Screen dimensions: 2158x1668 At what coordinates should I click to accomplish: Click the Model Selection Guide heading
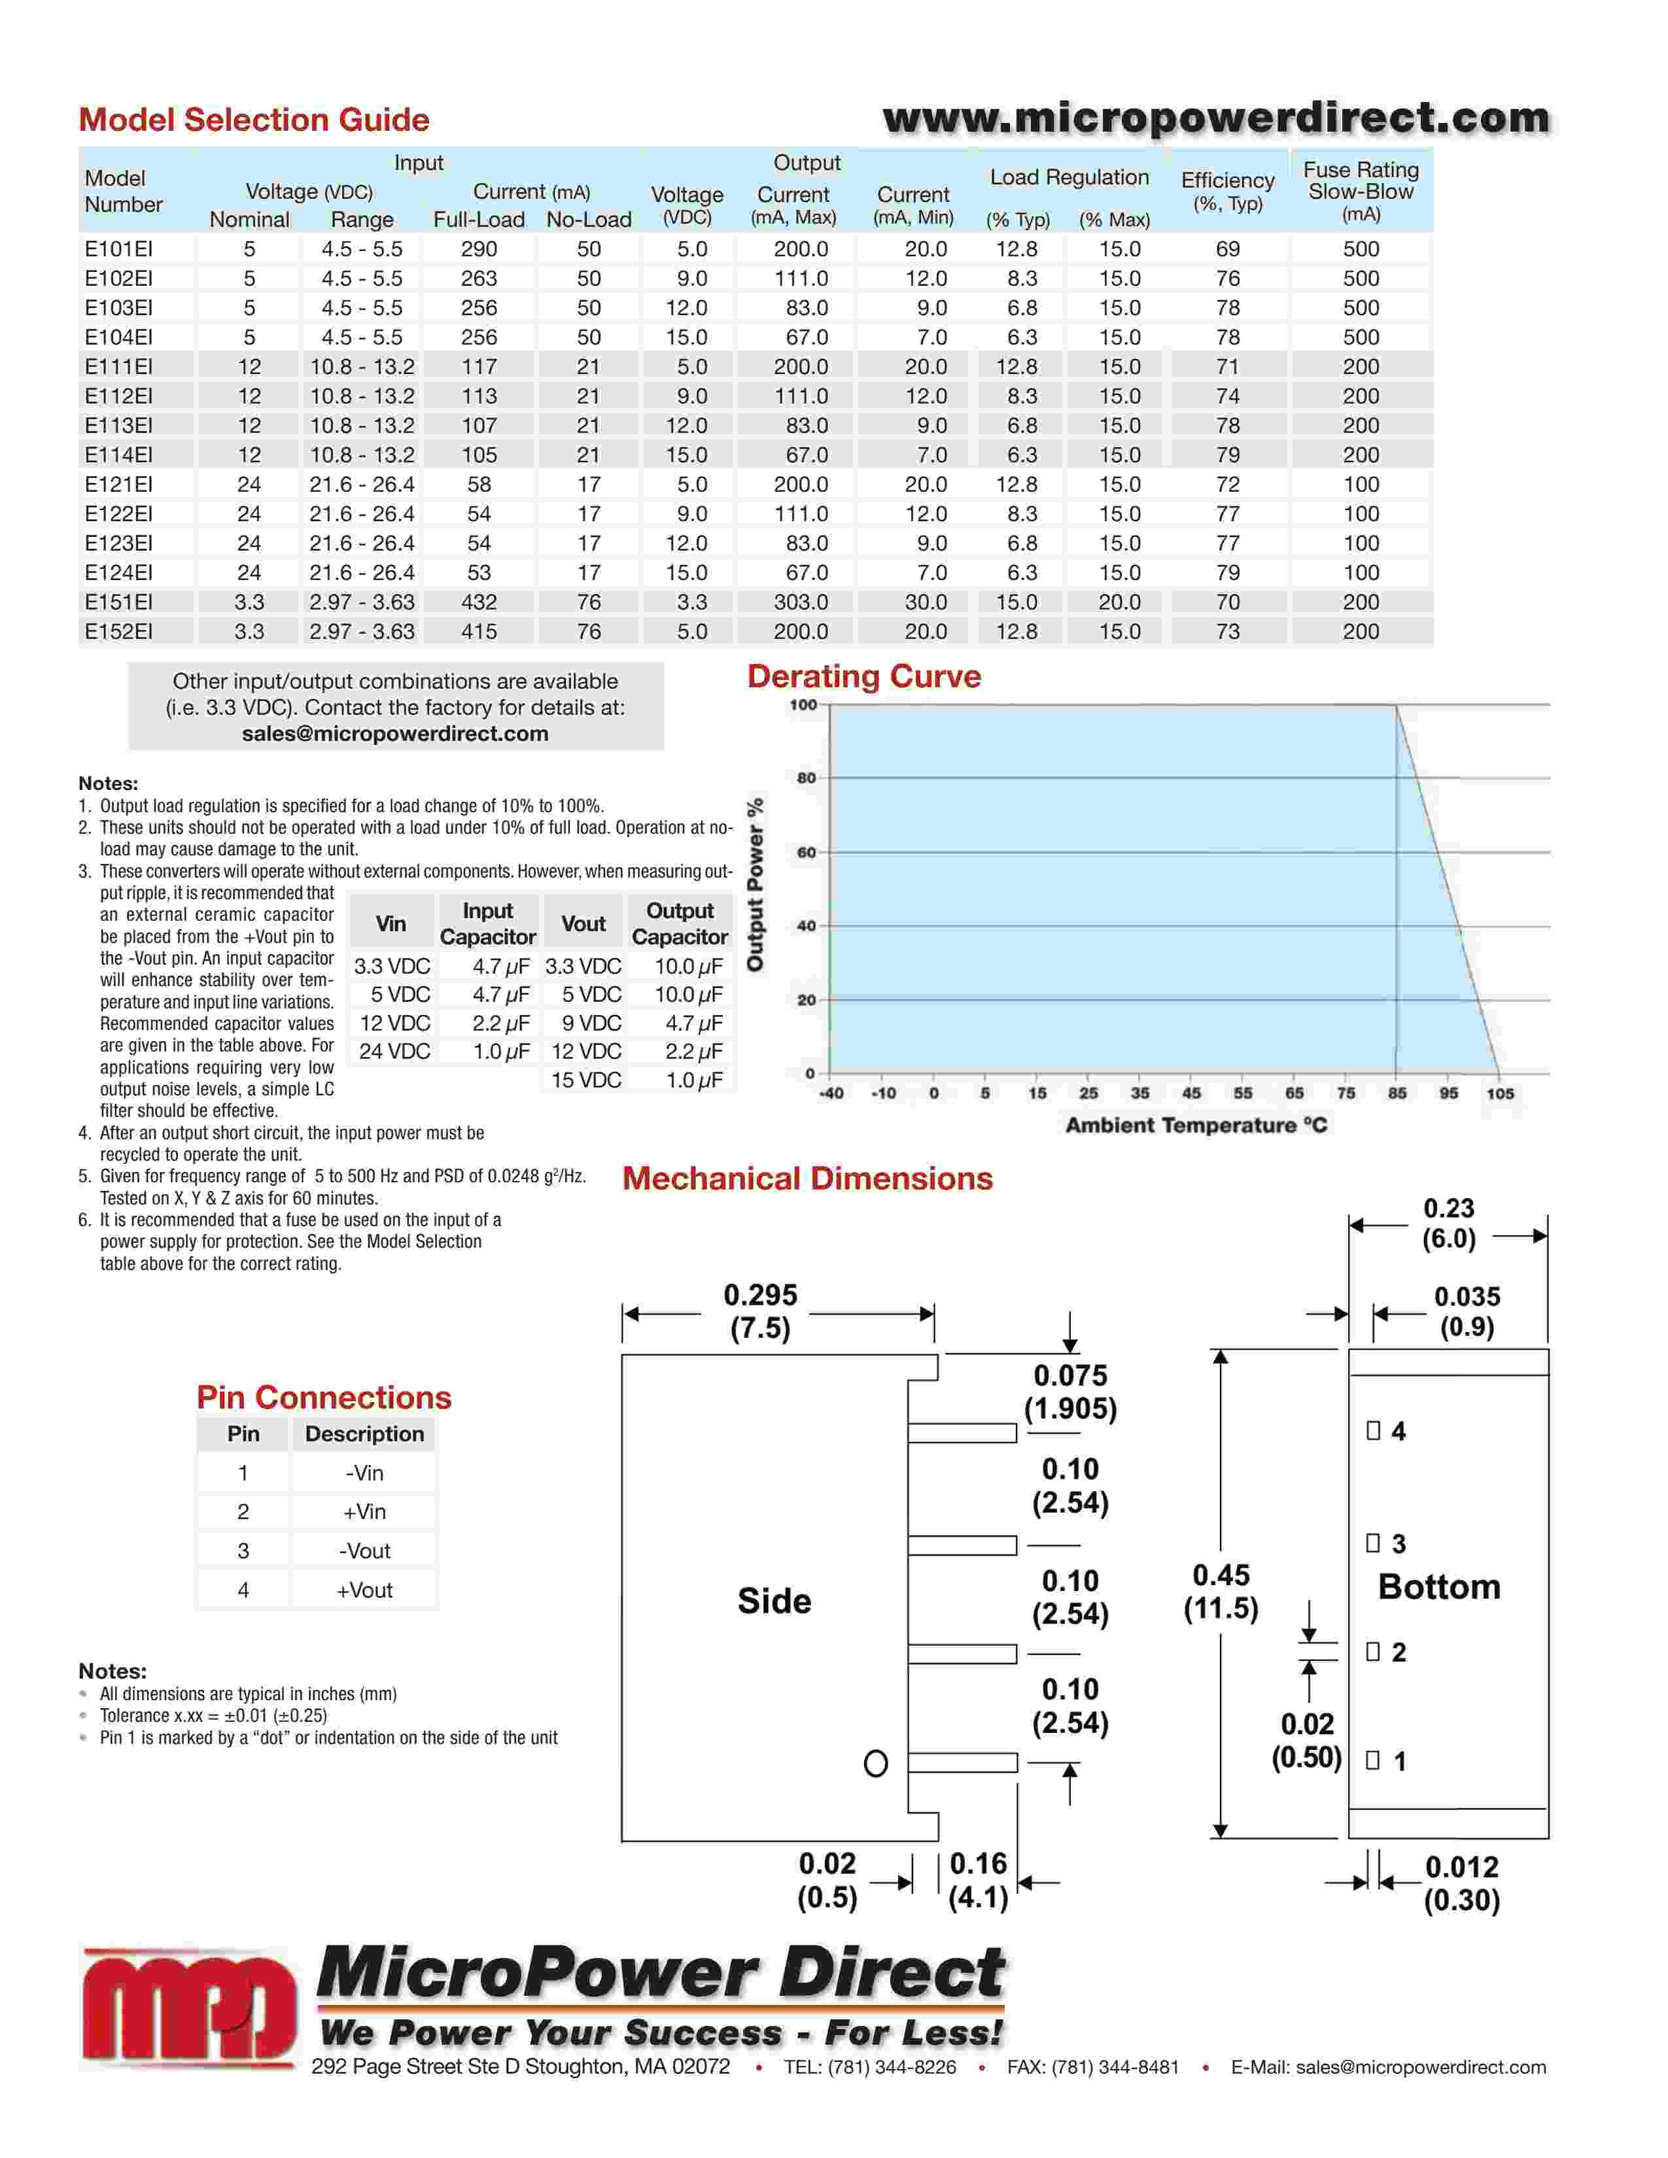(254, 120)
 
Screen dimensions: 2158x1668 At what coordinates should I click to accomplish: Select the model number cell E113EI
(118, 426)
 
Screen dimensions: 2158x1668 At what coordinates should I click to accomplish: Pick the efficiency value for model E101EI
(1227, 249)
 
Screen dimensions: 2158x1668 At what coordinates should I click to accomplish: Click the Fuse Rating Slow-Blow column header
(1361, 191)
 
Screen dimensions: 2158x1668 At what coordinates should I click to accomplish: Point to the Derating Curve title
(863, 677)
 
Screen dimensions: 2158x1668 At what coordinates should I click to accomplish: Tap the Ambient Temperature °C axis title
(1196, 1125)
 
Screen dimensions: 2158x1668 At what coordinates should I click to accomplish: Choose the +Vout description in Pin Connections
(364, 1590)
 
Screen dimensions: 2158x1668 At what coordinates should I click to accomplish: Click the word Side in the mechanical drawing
(774, 1601)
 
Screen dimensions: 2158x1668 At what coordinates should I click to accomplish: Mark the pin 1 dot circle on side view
(875, 1764)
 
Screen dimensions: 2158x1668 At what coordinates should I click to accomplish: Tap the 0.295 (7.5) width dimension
(760, 1311)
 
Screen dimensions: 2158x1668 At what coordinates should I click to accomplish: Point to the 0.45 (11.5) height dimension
(1221, 1592)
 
